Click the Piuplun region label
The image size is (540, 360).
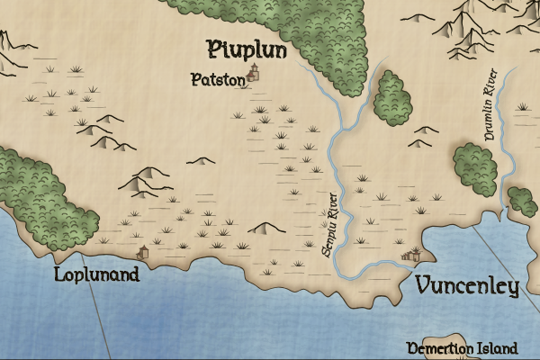coord(247,49)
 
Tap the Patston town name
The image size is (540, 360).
coord(218,80)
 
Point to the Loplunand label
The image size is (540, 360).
coord(97,274)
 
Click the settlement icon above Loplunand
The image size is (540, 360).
coord(142,253)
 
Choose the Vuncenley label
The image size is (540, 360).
coord(468,287)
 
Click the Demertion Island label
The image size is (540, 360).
coord(463,348)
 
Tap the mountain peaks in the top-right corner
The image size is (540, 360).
coord(472,22)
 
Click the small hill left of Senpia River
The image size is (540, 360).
coord(266,229)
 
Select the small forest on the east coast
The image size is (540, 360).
coord(522,200)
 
